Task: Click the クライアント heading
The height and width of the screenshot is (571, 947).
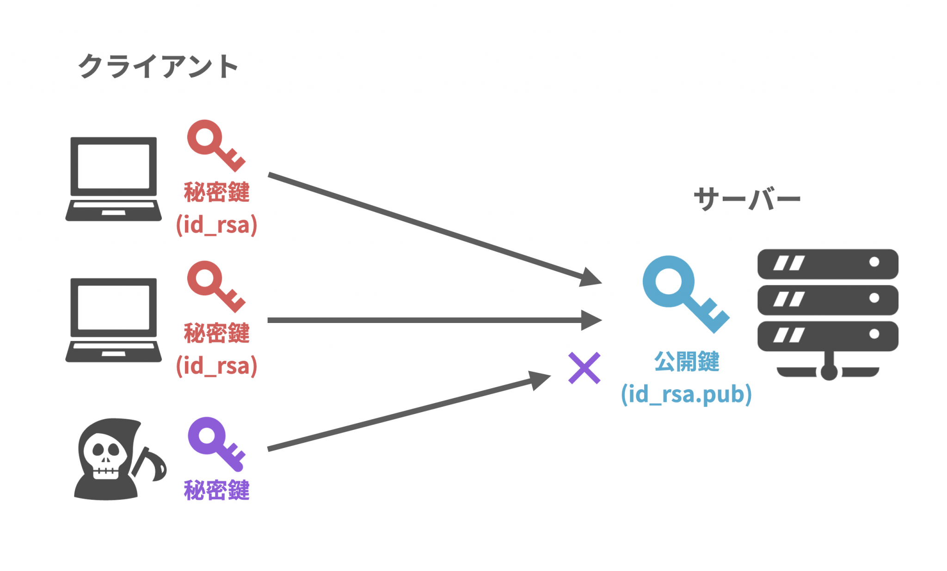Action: [158, 67]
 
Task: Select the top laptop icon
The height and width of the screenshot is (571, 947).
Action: [114, 179]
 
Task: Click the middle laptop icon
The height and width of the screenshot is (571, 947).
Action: [114, 320]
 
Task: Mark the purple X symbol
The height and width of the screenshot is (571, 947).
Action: [584, 368]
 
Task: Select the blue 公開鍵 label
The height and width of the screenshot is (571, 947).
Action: [687, 361]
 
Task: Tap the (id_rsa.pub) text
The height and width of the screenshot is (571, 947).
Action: [686, 394]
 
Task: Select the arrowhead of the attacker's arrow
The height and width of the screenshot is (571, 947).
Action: [540, 379]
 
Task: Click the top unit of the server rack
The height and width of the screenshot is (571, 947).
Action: [828, 264]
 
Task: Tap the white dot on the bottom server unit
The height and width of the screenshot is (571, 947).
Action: [874, 334]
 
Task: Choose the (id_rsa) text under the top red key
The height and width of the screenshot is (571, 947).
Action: [216, 225]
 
